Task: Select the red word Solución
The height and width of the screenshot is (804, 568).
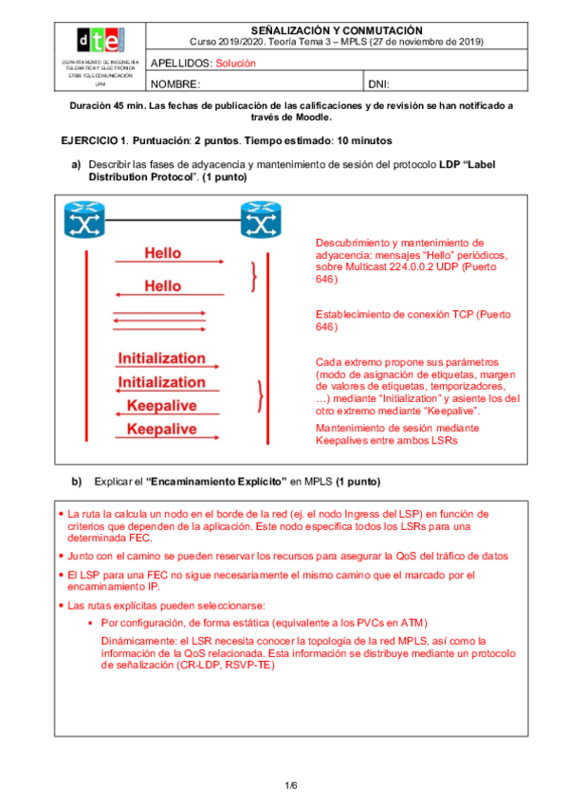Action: tap(236, 64)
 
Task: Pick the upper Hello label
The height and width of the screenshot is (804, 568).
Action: tap(162, 253)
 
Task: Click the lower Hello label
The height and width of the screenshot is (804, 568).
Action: tap(162, 285)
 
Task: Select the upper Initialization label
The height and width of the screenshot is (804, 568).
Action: tap(161, 358)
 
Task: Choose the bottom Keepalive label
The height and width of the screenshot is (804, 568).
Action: tap(162, 429)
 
